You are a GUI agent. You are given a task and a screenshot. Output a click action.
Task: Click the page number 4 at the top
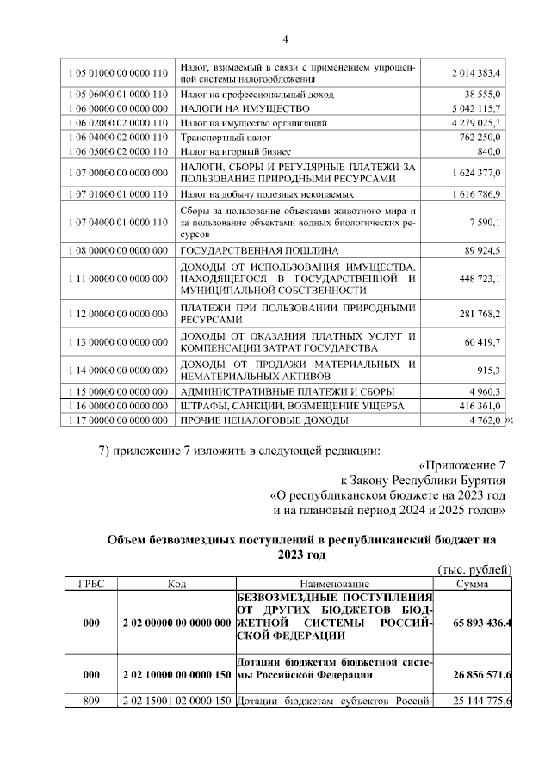[x=285, y=39]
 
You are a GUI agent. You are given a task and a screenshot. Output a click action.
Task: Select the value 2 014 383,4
[x=476, y=73]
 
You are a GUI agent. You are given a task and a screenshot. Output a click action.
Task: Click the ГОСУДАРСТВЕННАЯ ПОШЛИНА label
[x=258, y=250]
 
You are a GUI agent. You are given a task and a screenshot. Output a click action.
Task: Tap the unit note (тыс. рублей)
[x=475, y=569]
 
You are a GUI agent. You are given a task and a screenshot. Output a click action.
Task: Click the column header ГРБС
[x=91, y=583]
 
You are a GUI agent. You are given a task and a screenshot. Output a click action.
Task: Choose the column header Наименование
[x=336, y=583]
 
